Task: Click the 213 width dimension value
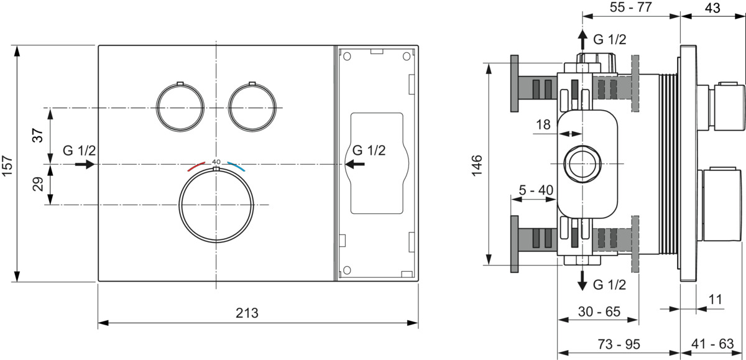tap(247, 313)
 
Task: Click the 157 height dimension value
tap(7, 165)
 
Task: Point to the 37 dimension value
tap(38, 135)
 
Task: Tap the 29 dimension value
tap(38, 184)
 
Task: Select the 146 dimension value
tap(477, 165)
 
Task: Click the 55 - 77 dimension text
tap(631, 7)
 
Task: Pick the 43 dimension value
tap(712, 7)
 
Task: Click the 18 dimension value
tap(543, 124)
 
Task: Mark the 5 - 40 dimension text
tap(536, 190)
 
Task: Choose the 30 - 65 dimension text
tap(599, 312)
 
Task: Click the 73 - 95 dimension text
tap(619, 344)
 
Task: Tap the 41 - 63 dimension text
tap(712, 344)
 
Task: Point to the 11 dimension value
tap(715, 300)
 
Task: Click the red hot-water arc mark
tap(196, 166)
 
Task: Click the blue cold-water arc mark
tap(236, 166)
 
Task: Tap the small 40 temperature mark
tap(216, 162)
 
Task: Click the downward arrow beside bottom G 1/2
tap(582, 280)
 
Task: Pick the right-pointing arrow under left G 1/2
tap(85, 164)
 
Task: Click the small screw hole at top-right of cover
tap(407, 57)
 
